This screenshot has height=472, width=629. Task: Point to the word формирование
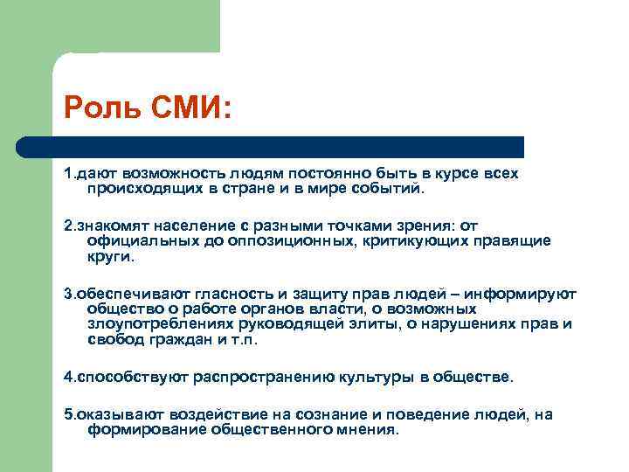[138, 430]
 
